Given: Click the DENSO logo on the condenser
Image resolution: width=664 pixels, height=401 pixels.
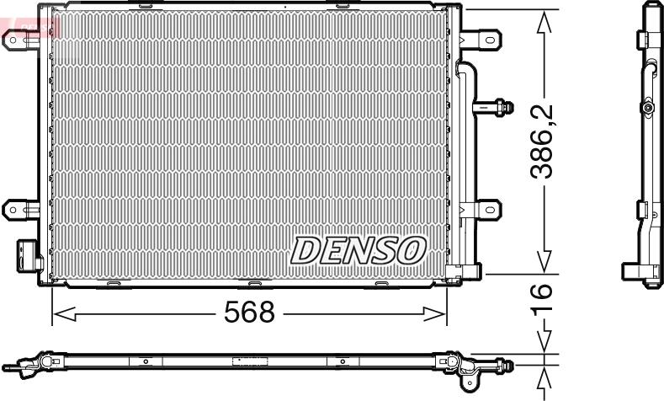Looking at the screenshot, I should (359, 249).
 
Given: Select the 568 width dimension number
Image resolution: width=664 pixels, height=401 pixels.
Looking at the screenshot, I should (248, 313).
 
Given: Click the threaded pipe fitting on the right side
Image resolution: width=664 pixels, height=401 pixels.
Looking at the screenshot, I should (496, 107).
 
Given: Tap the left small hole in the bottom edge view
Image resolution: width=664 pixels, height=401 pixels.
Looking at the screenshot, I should (146, 362).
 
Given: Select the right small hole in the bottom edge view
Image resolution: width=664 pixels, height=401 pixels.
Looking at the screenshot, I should (342, 362).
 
